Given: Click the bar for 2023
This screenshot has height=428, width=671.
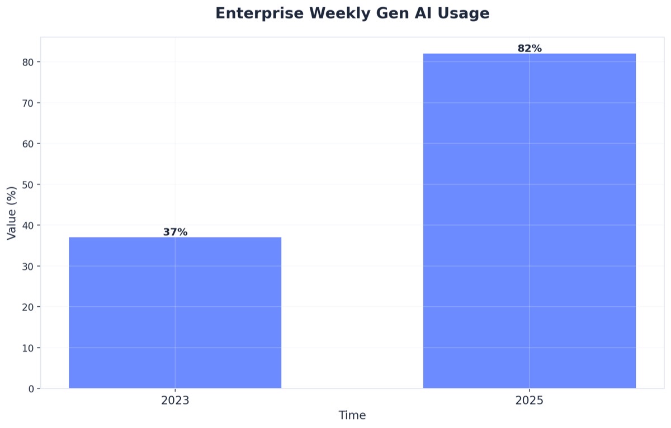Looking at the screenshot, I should coord(175,313).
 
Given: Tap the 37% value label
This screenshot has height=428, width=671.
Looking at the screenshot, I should coord(175,232).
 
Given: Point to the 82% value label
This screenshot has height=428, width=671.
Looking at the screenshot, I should coord(529,49).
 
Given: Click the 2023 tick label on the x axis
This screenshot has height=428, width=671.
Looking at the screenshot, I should coord(175,401).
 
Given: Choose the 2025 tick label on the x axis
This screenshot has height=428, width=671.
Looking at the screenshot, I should coord(529,401).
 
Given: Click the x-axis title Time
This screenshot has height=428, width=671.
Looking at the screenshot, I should coord(352,415).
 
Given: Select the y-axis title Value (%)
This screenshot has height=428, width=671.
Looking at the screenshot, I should coord(12,213).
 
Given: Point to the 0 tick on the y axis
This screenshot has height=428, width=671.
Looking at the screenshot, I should coord(31,388).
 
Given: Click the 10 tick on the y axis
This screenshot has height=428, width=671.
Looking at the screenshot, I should coord(29,348).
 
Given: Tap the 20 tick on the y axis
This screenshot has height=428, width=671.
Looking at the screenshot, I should coord(29,307).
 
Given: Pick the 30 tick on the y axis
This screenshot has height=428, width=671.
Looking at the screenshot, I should coord(29,266).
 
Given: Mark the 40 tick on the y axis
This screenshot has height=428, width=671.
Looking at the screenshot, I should coord(29,225).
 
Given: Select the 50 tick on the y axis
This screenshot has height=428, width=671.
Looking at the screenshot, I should coord(29,184).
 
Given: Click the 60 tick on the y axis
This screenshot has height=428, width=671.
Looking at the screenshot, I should coord(29,144).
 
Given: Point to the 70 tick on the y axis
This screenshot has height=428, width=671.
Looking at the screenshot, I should coord(29,103).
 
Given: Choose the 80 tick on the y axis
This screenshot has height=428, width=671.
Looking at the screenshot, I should coord(29,62).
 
